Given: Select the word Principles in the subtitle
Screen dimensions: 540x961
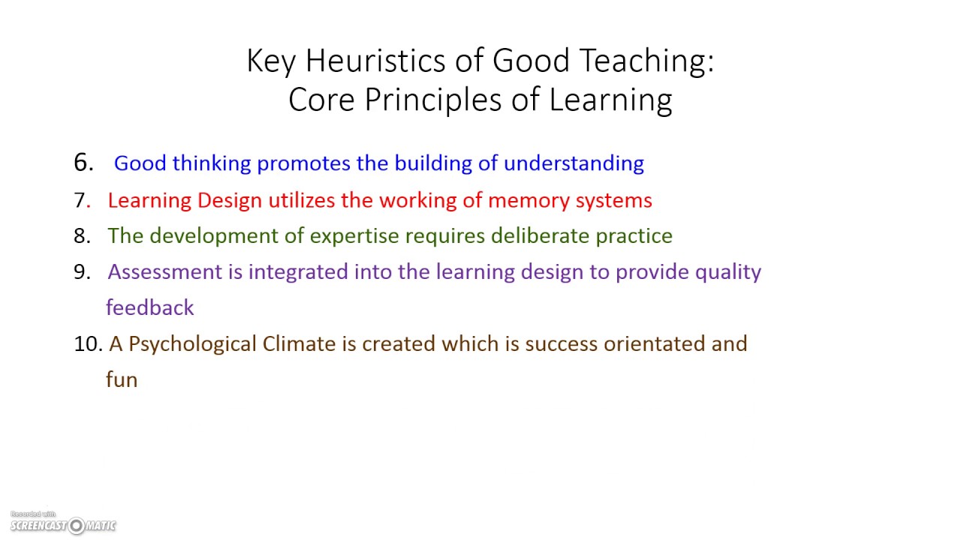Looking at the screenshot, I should click(x=433, y=100).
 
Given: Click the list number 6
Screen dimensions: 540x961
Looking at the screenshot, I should click(x=83, y=163).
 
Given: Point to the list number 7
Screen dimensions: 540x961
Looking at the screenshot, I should click(x=82, y=200).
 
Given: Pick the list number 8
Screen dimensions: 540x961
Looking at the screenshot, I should click(x=82, y=236).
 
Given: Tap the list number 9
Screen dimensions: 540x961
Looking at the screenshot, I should click(x=82, y=272).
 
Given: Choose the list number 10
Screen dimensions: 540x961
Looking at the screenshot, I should click(x=88, y=344).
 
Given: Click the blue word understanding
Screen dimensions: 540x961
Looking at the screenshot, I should click(x=574, y=163).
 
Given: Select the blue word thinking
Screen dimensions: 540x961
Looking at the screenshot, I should click(x=212, y=163).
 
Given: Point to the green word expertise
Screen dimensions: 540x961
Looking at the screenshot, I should click(x=355, y=236).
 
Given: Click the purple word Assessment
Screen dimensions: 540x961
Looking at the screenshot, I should click(x=164, y=272).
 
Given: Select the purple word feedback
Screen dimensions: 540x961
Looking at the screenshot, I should click(x=150, y=307).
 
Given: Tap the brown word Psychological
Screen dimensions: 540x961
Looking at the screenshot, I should click(x=193, y=344).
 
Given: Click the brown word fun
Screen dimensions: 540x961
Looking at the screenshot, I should click(x=122, y=379).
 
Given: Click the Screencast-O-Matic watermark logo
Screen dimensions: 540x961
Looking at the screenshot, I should click(x=63, y=524).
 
